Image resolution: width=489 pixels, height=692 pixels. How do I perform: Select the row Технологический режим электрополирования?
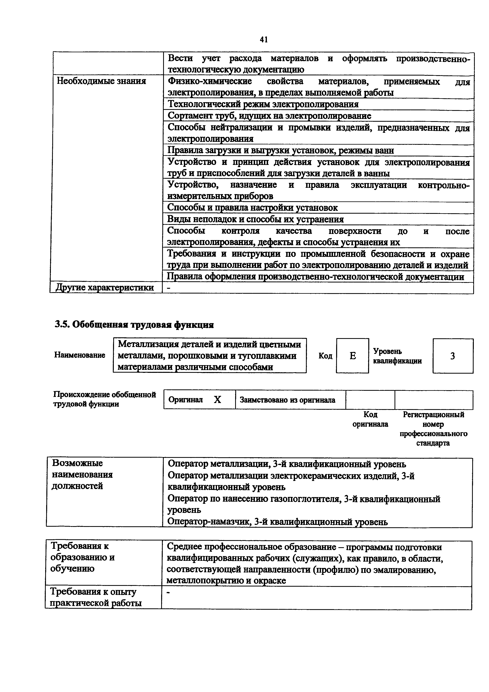[263, 104]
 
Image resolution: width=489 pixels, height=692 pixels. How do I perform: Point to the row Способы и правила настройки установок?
[252, 208]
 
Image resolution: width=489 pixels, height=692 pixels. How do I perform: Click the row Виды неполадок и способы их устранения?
[255, 219]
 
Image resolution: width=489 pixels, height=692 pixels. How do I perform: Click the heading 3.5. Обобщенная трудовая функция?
[134, 325]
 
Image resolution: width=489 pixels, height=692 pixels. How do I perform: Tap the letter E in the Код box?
[352, 356]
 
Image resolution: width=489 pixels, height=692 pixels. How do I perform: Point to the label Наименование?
[79, 355]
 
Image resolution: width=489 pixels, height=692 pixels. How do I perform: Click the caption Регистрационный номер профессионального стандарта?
[434, 429]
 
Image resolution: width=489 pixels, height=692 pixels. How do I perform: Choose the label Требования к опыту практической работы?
[96, 597]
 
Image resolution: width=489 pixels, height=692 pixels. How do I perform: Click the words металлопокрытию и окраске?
[226, 581]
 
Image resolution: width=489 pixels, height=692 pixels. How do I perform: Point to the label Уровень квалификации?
[397, 356]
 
